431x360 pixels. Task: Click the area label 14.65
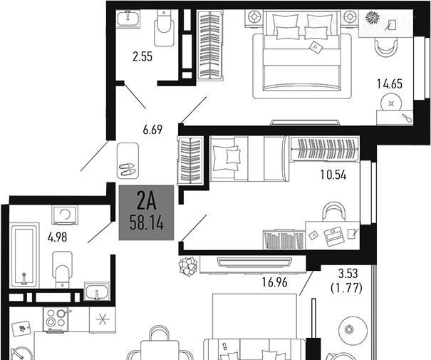[x=389, y=84]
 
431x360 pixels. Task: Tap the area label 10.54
[x=333, y=175]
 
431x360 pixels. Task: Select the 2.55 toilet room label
[x=142, y=56]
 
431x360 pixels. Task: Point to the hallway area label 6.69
[x=152, y=130]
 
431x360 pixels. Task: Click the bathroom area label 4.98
[x=57, y=237]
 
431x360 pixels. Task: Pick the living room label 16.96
[x=274, y=282]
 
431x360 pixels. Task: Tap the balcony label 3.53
[x=348, y=274]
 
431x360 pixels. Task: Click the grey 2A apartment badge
[x=146, y=212]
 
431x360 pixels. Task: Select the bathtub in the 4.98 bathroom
[x=24, y=255]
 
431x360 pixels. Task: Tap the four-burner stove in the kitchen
[x=55, y=319]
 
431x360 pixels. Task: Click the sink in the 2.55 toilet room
[x=128, y=18]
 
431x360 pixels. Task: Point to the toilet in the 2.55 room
[x=164, y=28]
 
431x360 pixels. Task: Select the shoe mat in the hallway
[x=128, y=161]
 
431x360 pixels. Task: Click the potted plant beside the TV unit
[x=188, y=266]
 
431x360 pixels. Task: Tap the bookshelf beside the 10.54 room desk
[x=284, y=240]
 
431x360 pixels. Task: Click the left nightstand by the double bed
[x=254, y=18]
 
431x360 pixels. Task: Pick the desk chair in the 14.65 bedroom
[x=386, y=47]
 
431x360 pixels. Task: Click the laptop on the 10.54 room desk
[x=333, y=236]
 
